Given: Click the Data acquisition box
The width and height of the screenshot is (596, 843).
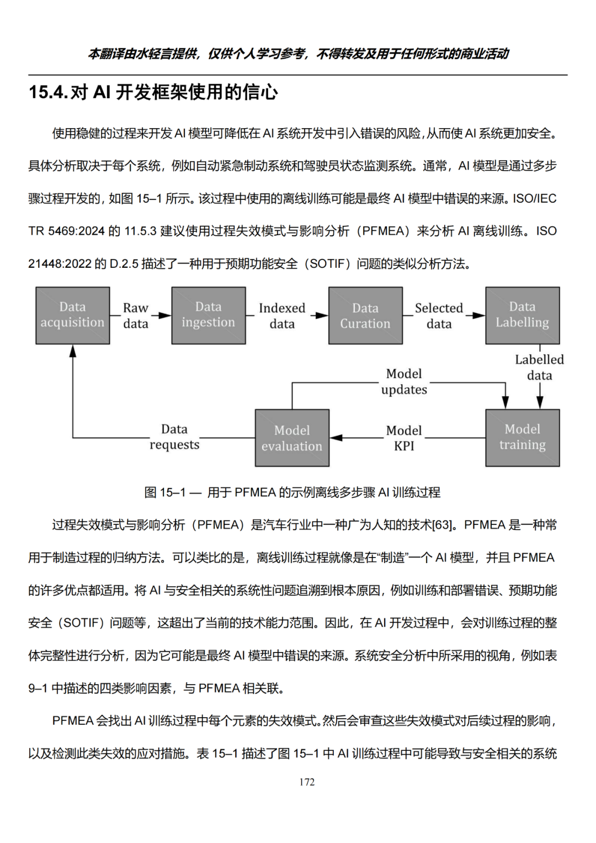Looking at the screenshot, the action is pos(73,315).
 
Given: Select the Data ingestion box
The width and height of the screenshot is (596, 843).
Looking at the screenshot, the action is pos(209,315).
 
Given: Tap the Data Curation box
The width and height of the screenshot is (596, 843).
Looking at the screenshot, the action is pos(365,315).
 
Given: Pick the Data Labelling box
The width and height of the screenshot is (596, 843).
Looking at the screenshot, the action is pos(522,315).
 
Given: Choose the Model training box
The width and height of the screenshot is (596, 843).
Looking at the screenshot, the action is pos(522,438).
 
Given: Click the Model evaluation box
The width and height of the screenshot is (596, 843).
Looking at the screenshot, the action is pos(292,438).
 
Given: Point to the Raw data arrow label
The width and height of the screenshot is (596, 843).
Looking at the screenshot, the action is pos(136,316).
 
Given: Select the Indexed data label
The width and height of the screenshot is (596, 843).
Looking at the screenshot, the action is pos(282,316).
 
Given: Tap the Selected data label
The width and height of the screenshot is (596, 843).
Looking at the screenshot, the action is pos(439,316).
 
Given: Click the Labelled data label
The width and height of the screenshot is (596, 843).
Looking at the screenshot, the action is pos(539,367).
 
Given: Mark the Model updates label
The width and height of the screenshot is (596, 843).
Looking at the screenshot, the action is pos(404,381).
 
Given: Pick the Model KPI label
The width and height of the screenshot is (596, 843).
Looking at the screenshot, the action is pos(404,438).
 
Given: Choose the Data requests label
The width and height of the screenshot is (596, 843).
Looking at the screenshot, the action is pos(174,437).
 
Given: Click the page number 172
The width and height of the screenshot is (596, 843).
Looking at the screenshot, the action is pos(307,782).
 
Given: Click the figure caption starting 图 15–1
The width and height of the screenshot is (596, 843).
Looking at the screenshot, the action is pos(292,492).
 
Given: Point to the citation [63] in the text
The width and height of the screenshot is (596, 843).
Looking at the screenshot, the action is pos(443,525).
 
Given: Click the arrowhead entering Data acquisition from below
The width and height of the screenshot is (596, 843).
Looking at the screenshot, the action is pos(73,351).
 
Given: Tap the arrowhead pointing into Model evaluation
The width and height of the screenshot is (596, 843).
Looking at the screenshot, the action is pos(336,438).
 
